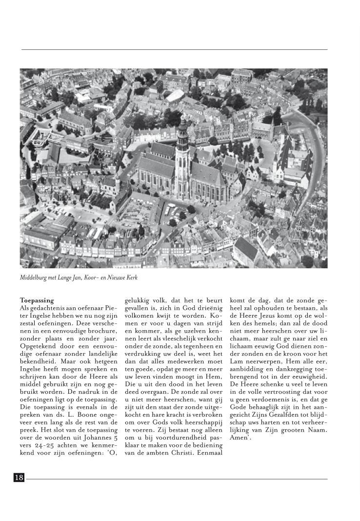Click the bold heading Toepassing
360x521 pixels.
[37, 300]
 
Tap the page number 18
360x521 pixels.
[19, 478]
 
